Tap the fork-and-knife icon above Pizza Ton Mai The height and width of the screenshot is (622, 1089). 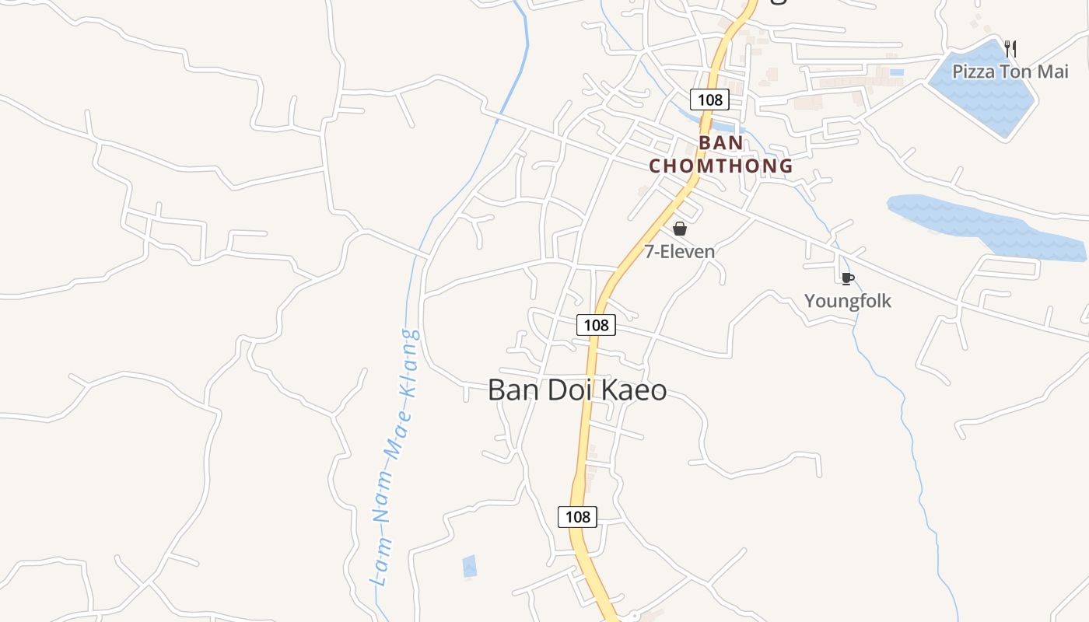[x=1010, y=49]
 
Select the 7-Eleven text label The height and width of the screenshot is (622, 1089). [x=679, y=251]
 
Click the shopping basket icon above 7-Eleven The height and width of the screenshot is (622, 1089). [x=680, y=229]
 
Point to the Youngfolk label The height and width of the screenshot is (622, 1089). [x=848, y=301]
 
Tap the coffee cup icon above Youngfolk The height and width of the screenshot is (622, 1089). [x=848, y=278]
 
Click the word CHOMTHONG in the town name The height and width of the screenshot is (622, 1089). [x=721, y=166]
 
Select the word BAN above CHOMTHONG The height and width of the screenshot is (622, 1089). [x=721, y=143]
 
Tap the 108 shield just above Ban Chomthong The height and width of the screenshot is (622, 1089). [x=709, y=100]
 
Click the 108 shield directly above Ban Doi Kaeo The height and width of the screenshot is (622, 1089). [x=596, y=325]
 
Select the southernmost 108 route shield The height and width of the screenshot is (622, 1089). [x=577, y=517]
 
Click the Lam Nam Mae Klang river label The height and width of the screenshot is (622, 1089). [x=394, y=459]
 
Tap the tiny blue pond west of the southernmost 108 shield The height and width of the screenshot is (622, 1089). [x=469, y=566]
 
